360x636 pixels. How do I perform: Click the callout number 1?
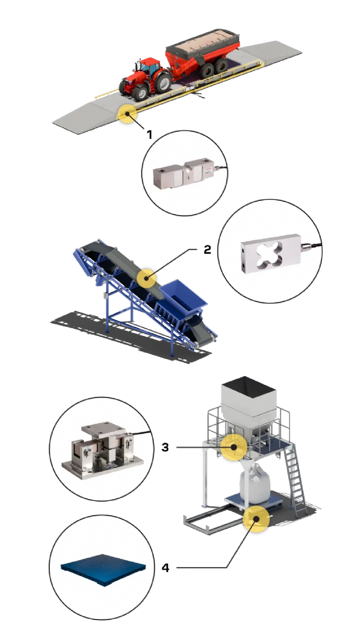tap(150, 134)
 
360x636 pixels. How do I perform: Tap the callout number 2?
tap(207, 250)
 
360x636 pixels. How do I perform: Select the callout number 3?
tap(165, 447)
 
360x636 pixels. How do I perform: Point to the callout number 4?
tap(165, 568)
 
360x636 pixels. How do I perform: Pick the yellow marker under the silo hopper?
tap(234, 447)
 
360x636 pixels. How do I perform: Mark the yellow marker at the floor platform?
tap(256, 518)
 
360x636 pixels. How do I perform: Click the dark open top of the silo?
tap(249, 387)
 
